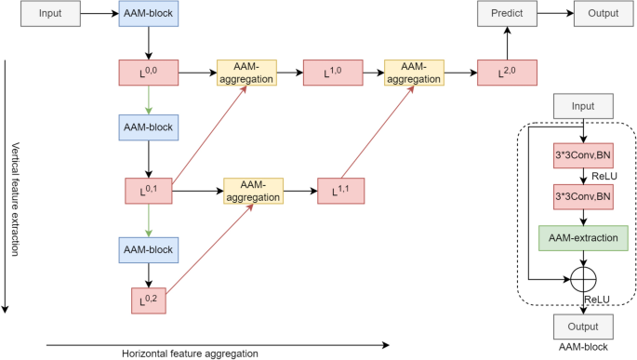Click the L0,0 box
click(148, 73)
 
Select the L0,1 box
click(148, 191)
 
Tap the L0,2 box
click(148, 299)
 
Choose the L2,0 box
click(507, 73)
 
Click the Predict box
click(507, 14)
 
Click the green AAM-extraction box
click(583, 239)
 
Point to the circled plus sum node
click(583, 278)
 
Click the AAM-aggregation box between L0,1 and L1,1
click(253, 191)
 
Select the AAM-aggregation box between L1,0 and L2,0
click(415, 73)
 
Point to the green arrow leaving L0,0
click(148, 100)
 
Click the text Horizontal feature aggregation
click(190, 353)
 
